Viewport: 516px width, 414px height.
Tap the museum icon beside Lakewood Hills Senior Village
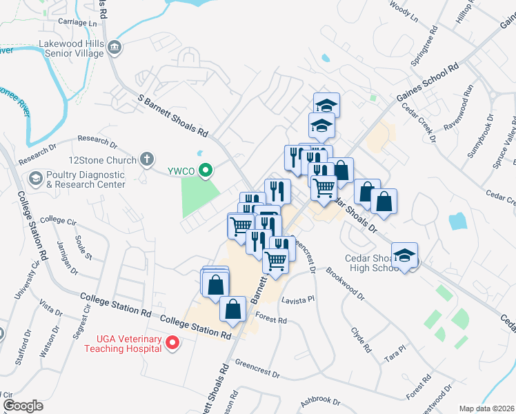[x=115, y=48]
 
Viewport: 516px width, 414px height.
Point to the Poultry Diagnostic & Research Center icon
[x=34, y=179]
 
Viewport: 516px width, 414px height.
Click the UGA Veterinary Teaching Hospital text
[x=123, y=344]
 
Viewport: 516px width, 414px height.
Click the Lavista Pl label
[x=298, y=299]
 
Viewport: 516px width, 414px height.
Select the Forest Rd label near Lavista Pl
[x=270, y=319]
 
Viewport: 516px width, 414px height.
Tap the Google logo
[x=23, y=406]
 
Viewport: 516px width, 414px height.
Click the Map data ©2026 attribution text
[x=486, y=408]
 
